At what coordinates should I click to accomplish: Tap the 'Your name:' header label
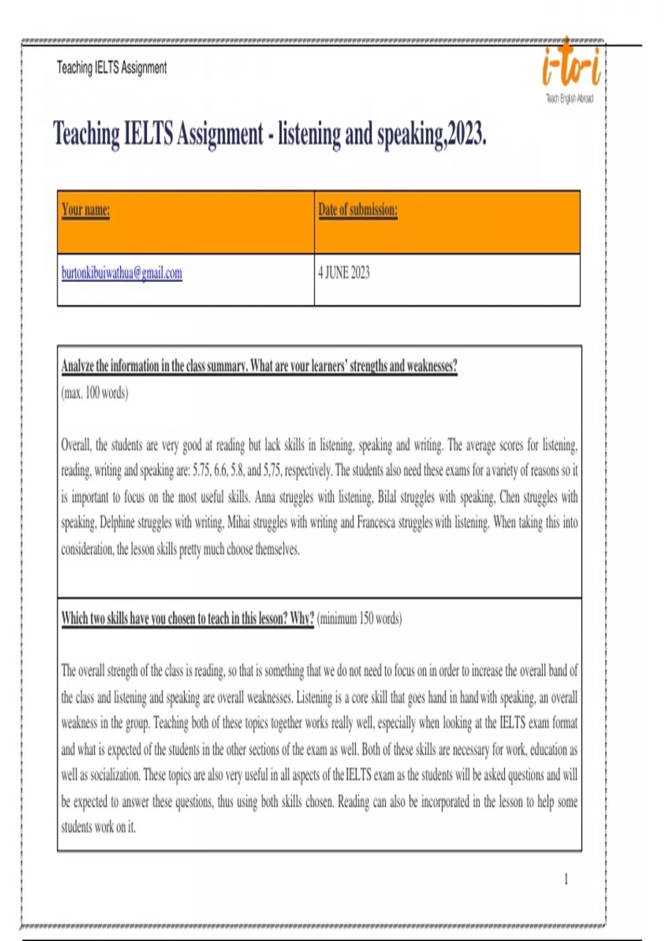coord(86,210)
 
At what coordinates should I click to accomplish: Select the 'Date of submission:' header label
coord(357,210)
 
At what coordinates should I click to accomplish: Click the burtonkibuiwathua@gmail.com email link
coord(122,273)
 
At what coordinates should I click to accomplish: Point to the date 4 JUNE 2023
coord(344,273)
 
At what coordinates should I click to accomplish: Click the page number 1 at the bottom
coord(566,879)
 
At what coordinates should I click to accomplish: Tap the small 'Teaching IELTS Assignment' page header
coord(111,68)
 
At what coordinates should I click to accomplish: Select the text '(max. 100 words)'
coord(95,393)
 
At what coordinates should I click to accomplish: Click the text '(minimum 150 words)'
coord(360,618)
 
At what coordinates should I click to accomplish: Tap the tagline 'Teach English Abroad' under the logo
coord(569,99)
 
